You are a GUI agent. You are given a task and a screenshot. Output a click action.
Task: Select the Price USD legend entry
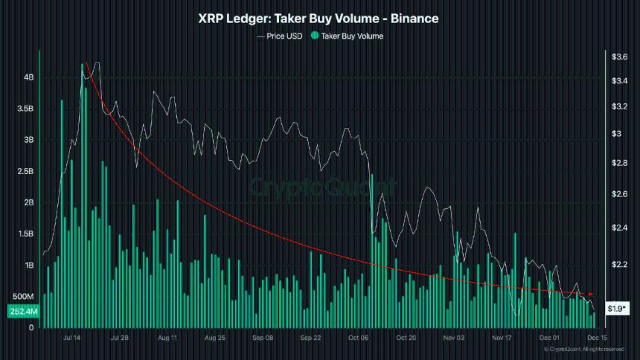click(x=279, y=36)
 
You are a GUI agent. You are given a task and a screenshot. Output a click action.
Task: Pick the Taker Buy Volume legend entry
click(x=347, y=36)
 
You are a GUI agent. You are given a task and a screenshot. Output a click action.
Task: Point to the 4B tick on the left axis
click(x=28, y=77)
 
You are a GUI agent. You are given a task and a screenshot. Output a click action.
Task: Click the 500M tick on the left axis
click(x=23, y=297)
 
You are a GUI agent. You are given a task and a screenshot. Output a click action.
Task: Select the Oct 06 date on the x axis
click(x=358, y=337)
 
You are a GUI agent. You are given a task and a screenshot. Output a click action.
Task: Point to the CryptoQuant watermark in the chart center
click(x=321, y=186)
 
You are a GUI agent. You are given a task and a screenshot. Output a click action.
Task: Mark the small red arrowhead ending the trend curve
click(x=590, y=295)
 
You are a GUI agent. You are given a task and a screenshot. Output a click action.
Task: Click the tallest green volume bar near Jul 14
click(x=83, y=201)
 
